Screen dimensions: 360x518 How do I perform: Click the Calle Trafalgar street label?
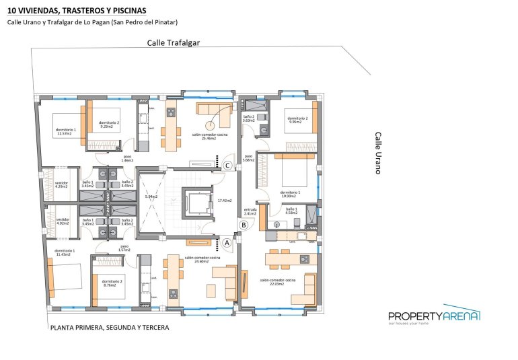pos(174,42)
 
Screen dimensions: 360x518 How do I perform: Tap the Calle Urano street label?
pos(377,153)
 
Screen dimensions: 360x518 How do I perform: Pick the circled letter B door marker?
pos(244,225)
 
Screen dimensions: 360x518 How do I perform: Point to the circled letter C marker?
pos(228,165)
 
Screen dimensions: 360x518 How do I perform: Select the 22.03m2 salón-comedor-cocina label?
pos(279,282)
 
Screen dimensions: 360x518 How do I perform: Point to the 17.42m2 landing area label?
pos(224,200)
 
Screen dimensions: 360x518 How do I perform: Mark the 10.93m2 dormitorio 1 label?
pos(290,194)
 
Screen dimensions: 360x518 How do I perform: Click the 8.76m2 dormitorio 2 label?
pos(110,283)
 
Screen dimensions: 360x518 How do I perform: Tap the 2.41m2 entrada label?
pos(250,211)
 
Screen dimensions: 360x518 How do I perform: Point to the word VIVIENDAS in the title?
pos(47,9)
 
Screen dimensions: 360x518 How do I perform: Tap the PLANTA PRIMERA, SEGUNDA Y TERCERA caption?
pos(109,328)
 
